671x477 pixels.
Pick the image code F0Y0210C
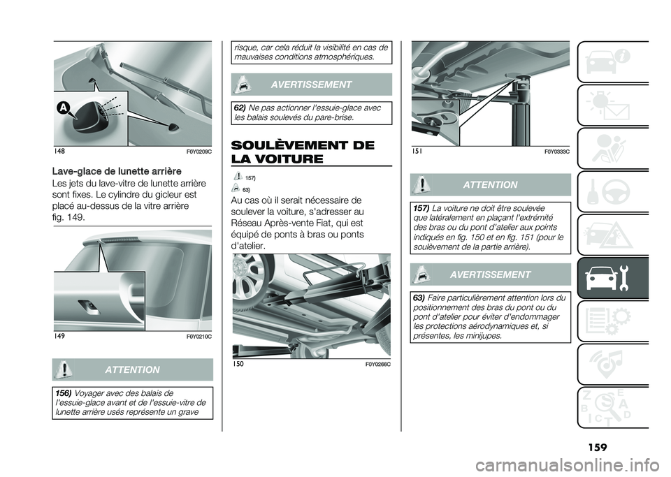[199, 337]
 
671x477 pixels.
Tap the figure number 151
[418, 151]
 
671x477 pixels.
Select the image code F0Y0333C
[556, 151]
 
